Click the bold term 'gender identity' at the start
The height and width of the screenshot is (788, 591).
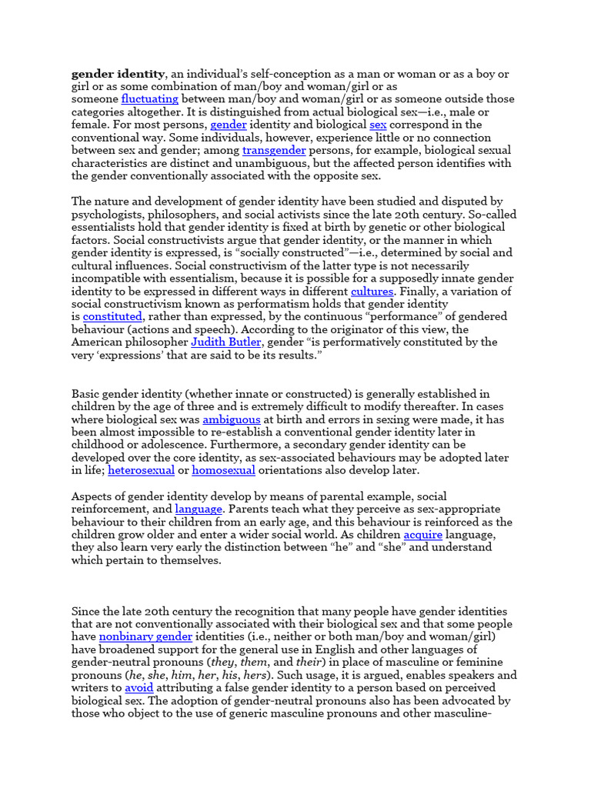pos(118,74)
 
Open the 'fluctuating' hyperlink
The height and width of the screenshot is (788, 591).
pos(150,99)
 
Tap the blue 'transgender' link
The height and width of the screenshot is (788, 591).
pos(274,150)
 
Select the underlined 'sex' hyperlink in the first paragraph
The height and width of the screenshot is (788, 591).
pos(378,125)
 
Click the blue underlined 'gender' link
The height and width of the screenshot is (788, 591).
pos(228,125)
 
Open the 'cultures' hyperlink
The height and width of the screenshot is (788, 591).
pos(372,292)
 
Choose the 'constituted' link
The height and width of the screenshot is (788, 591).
pos(113,317)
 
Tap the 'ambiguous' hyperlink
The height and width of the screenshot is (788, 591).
pos(232,419)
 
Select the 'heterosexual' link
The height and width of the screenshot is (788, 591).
pos(142,470)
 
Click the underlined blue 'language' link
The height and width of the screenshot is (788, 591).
pos(199,509)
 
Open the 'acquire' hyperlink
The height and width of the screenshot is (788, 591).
pos(423,535)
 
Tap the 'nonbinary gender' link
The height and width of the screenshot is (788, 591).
pos(146,637)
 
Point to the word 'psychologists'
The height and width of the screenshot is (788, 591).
pos(108,215)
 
